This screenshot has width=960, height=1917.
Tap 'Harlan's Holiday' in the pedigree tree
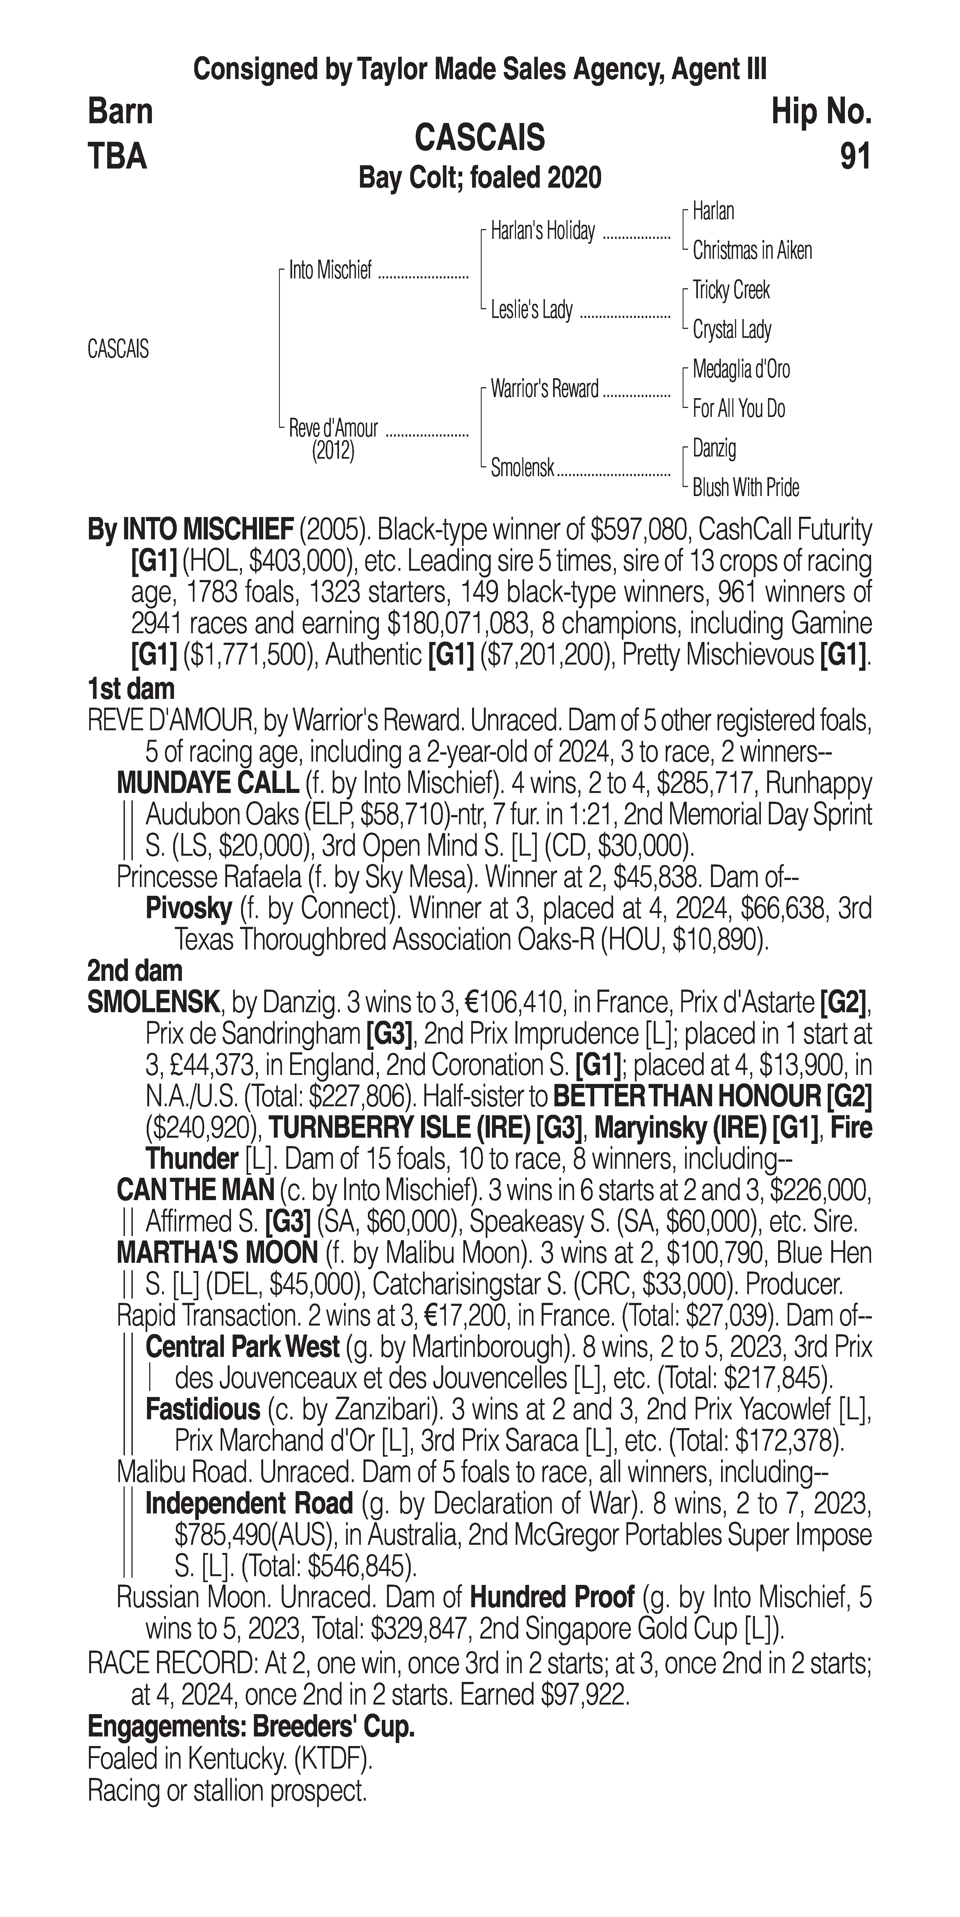coord(542,232)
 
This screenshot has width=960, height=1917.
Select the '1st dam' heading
coord(131,689)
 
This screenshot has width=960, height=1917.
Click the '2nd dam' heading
coord(135,970)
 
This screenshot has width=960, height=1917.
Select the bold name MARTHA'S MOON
coord(217,1253)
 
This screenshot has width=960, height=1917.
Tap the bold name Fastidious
coord(202,1409)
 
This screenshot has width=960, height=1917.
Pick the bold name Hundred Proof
coord(552,1597)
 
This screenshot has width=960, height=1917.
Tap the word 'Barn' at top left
coord(121,112)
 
